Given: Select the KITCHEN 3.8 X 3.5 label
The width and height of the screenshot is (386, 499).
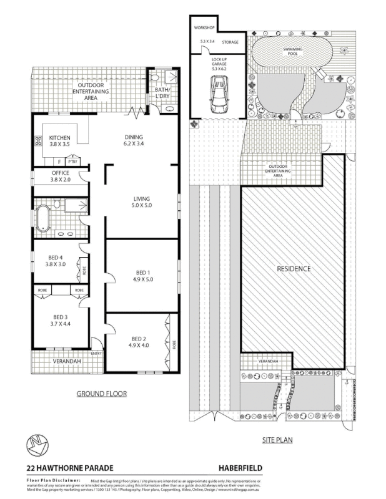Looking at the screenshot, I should pyautogui.click(x=60, y=142).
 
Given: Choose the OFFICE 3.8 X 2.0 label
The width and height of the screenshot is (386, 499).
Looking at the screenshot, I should pyautogui.click(x=60, y=177).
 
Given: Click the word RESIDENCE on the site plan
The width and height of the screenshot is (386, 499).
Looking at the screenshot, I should pyautogui.click(x=294, y=269).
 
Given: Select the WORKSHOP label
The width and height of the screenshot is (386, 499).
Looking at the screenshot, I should pyautogui.click(x=204, y=29).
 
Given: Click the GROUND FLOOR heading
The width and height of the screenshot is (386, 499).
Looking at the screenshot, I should pyautogui.click(x=101, y=394).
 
